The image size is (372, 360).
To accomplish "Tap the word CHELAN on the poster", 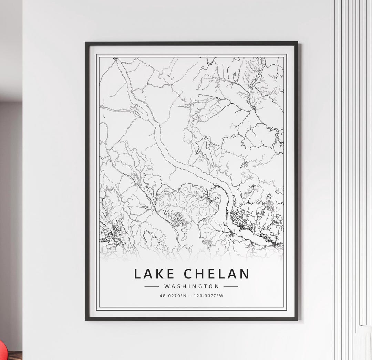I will point(216,274).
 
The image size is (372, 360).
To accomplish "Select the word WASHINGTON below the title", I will point(192,286).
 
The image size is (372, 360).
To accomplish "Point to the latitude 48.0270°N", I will point(173,296).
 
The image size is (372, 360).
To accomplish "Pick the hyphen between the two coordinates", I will point(190,296).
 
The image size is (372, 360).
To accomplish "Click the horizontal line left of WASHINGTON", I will point(152,286).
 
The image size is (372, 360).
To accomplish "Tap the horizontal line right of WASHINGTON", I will point(231,286).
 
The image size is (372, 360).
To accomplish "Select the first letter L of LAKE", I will point(137,274).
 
